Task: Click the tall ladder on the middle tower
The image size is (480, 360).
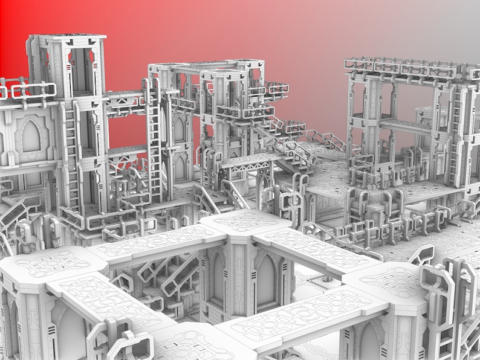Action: [x=155, y=145]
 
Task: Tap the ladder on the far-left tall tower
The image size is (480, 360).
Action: [x=71, y=154]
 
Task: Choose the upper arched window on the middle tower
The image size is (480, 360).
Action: [x=179, y=129]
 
